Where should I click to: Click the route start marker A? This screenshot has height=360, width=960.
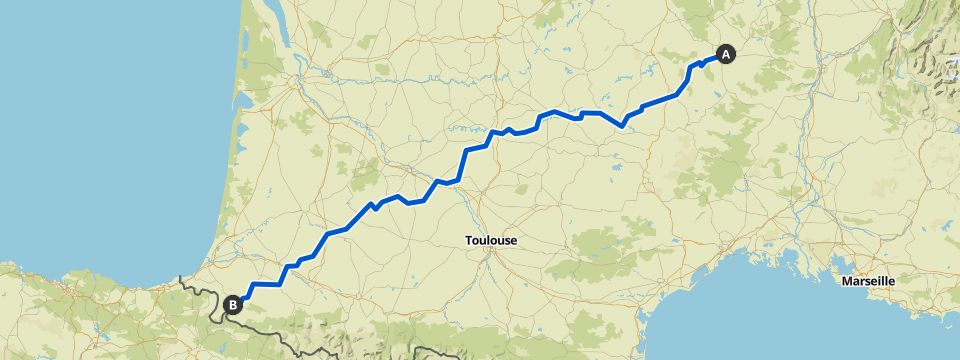(x=725, y=54)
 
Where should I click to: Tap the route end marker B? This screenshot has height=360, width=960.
(x=233, y=305)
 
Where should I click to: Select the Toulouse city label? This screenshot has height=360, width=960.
(x=490, y=240)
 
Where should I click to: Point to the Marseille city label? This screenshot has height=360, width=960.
(x=868, y=281)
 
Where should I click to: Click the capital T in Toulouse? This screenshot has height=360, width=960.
(x=469, y=240)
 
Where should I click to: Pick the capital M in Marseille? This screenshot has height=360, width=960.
(x=846, y=281)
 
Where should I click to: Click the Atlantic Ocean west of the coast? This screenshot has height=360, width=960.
(x=100, y=150)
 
